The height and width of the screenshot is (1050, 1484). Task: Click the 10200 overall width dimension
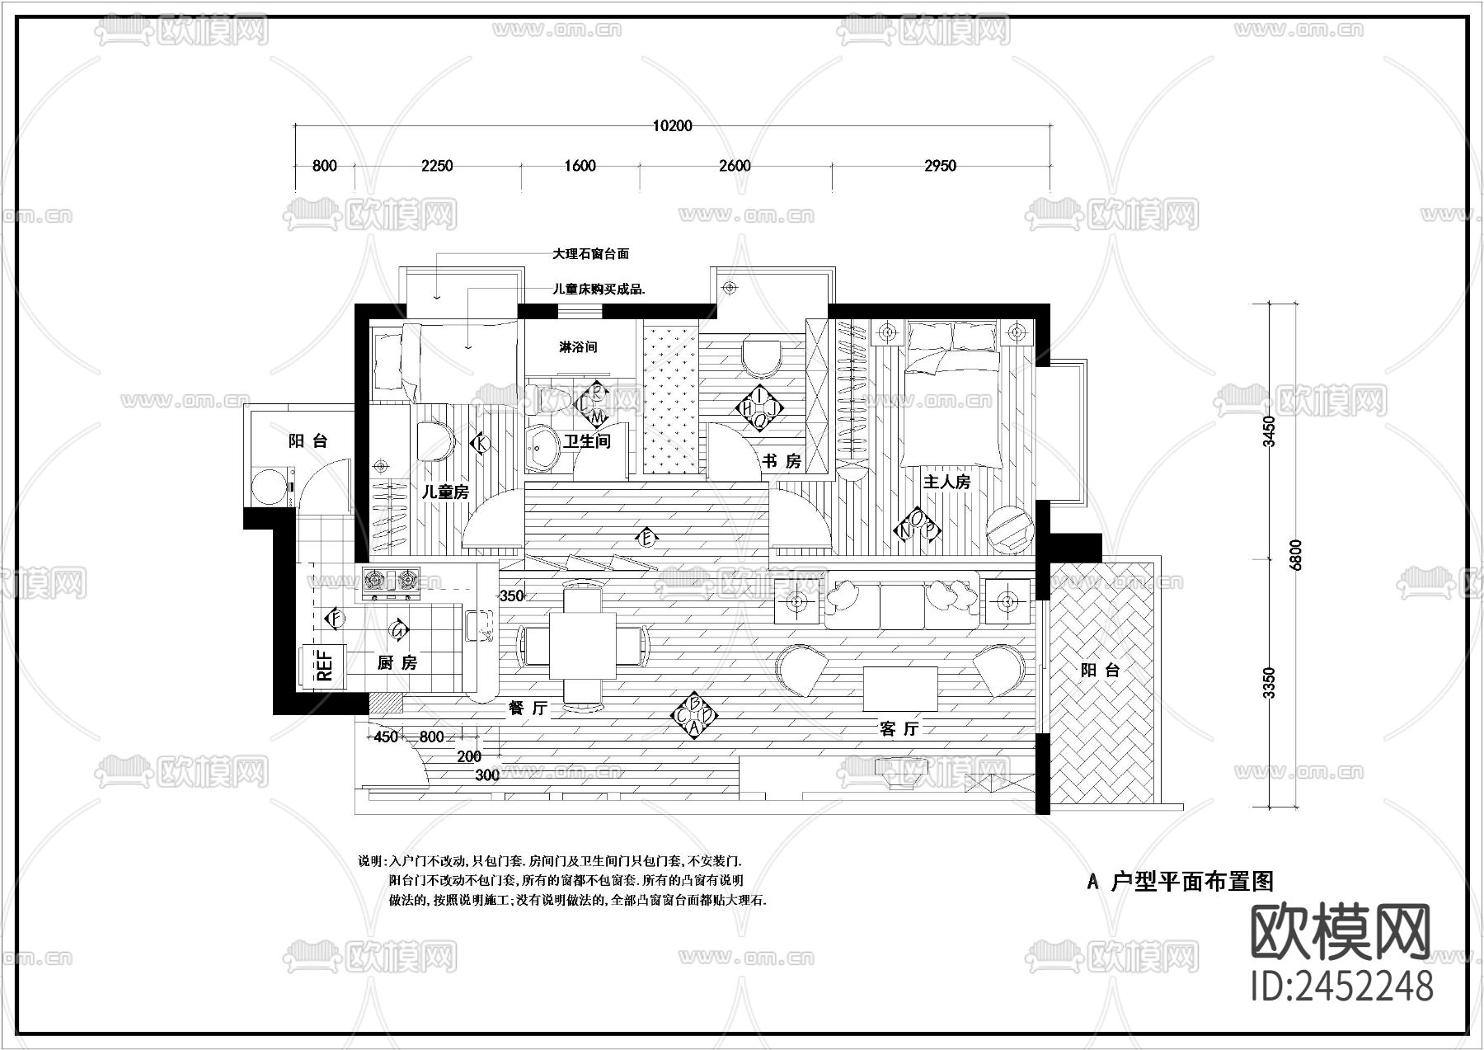tap(672, 126)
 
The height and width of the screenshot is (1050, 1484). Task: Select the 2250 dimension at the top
tap(437, 166)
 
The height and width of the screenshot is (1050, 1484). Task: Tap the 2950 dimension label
tap(940, 166)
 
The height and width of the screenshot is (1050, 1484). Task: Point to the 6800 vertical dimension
tap(1294, 555)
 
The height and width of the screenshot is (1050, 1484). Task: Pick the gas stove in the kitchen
tap(390, 582)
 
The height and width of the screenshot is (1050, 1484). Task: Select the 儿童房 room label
tap(445, 492)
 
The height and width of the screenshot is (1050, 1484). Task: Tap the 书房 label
tap(781, 461)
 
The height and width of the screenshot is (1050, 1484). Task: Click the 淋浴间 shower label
tap(578, 347)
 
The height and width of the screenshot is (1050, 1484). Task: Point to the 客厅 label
tap(899, 729)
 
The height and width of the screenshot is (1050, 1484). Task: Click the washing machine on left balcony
tap(270, 487)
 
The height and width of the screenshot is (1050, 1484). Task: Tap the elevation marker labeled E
tap(647, 539)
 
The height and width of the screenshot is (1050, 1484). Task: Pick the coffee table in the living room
tap(899, 689)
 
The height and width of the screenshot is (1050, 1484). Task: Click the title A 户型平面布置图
tap(1180, 882)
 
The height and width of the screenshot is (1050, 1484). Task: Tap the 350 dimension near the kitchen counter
tap(512, 596)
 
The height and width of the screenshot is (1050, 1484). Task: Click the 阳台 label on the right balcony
tap(1100, 671)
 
